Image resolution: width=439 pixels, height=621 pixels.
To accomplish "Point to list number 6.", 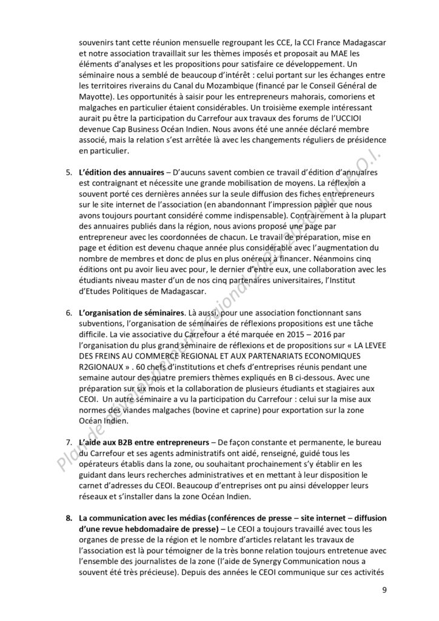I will (x=69, y=312).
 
